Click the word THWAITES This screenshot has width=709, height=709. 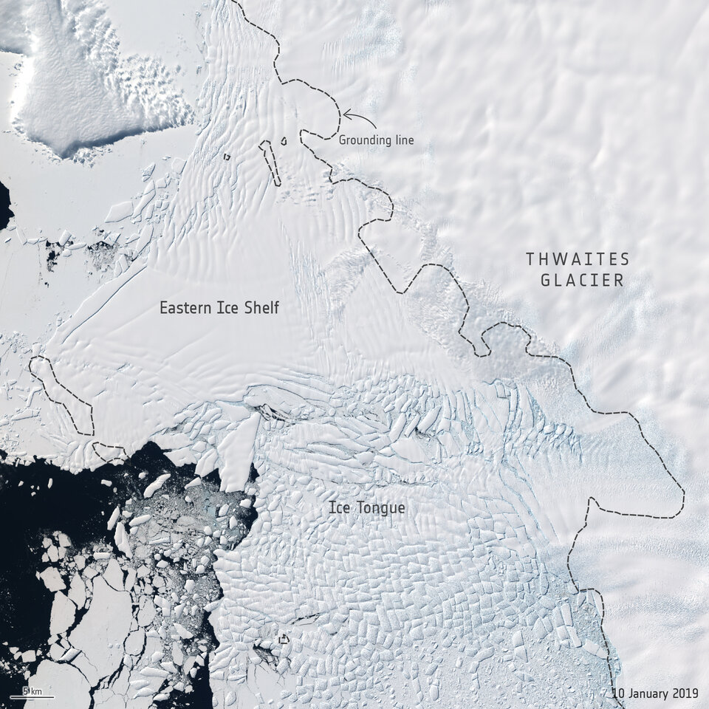(578, 259)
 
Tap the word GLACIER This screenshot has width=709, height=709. (582, 281)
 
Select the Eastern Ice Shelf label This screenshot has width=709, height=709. (219, 308)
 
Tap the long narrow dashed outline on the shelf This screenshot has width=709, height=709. (270, 162)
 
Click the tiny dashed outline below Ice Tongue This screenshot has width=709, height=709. (283, 639)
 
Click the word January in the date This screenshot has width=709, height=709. (652, 693)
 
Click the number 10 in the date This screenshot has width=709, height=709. (617, 693)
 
